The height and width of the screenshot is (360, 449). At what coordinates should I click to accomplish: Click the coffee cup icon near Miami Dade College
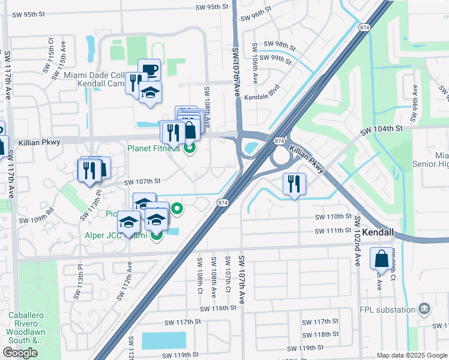click(149, 70)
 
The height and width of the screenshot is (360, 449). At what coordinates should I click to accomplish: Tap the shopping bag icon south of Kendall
click(382, 259)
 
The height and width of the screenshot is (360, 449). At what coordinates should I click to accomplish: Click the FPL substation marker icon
click(425, 309)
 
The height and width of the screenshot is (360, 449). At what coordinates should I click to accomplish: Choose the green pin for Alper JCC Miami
click(156, 235)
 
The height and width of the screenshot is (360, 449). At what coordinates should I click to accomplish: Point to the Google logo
click(20, 353)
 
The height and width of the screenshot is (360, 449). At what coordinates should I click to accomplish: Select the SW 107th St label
click(142, 181)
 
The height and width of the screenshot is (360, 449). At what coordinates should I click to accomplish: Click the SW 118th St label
click(318, 335)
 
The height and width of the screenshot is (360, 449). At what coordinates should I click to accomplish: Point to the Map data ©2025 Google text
click(412, 355)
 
